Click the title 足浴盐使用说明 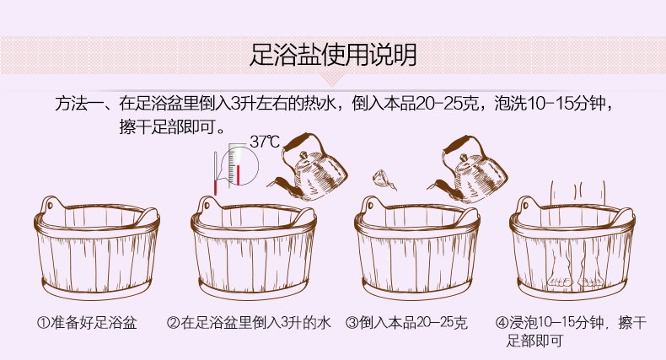coord(333,55)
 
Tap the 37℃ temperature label coord(265,142)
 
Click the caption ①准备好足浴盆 coord(87,323)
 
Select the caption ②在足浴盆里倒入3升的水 coord(249,323)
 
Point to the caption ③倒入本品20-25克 coord(406,323)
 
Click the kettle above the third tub coord(468,169)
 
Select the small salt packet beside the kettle coord(384,180)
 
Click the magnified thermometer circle coord(241,166)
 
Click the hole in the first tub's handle coord(50,206)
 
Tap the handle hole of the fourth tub coord(526,206)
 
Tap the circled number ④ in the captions coord(502,323)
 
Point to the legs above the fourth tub coord(577,194)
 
